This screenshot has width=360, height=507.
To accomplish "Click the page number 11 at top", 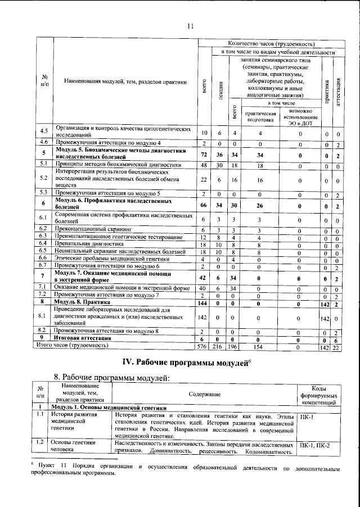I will [x=190, y=25].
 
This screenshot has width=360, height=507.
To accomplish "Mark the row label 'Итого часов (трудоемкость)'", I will [x=76, y=346].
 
